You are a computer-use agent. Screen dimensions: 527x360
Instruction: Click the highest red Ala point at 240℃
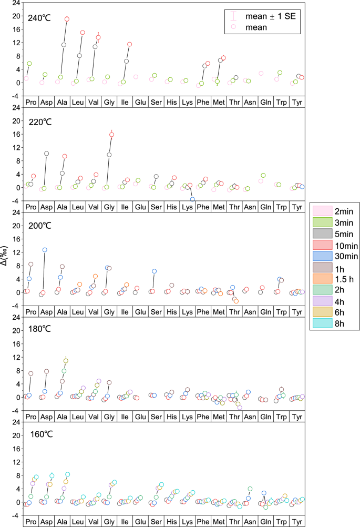click(x=67, y=19)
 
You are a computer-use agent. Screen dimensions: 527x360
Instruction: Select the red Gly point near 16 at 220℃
click(x=111, y=135)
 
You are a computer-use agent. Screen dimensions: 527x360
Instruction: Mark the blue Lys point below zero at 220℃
click(x=192, y=199)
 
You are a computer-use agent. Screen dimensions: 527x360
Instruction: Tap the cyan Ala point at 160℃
click(x=67, y=474)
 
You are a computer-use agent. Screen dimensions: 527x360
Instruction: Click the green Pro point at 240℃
click(x=29, y=64)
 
